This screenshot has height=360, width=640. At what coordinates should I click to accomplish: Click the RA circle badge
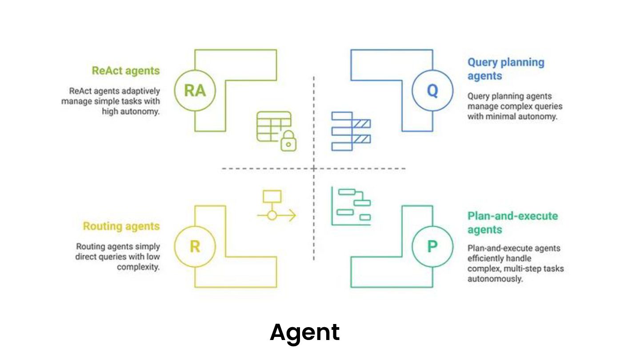point(195,91)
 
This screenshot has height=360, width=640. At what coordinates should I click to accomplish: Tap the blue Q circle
point(432,91)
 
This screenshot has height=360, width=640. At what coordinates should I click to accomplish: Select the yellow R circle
point(195,246)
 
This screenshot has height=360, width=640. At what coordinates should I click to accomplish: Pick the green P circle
point(432,246)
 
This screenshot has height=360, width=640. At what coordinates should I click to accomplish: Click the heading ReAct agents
point(125,71)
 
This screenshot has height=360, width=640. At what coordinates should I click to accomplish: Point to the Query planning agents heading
point(505,69)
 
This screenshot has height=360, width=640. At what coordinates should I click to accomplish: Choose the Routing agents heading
point(121,226)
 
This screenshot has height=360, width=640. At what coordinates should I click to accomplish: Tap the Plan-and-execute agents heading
point(512,223)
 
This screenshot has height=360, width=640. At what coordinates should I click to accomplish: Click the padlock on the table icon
point(289,141)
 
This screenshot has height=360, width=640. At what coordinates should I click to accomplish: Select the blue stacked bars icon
point(351,131)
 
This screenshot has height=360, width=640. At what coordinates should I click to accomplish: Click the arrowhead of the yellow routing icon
point(292,216)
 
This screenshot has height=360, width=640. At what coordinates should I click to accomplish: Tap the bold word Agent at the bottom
point(304,332)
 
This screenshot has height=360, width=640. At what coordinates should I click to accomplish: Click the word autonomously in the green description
point(495,279)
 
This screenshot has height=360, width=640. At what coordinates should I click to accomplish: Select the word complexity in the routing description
point(138,267)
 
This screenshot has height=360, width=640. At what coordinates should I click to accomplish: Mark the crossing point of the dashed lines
point(314,168)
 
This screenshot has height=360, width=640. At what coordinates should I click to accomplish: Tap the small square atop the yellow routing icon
point(272,196)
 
